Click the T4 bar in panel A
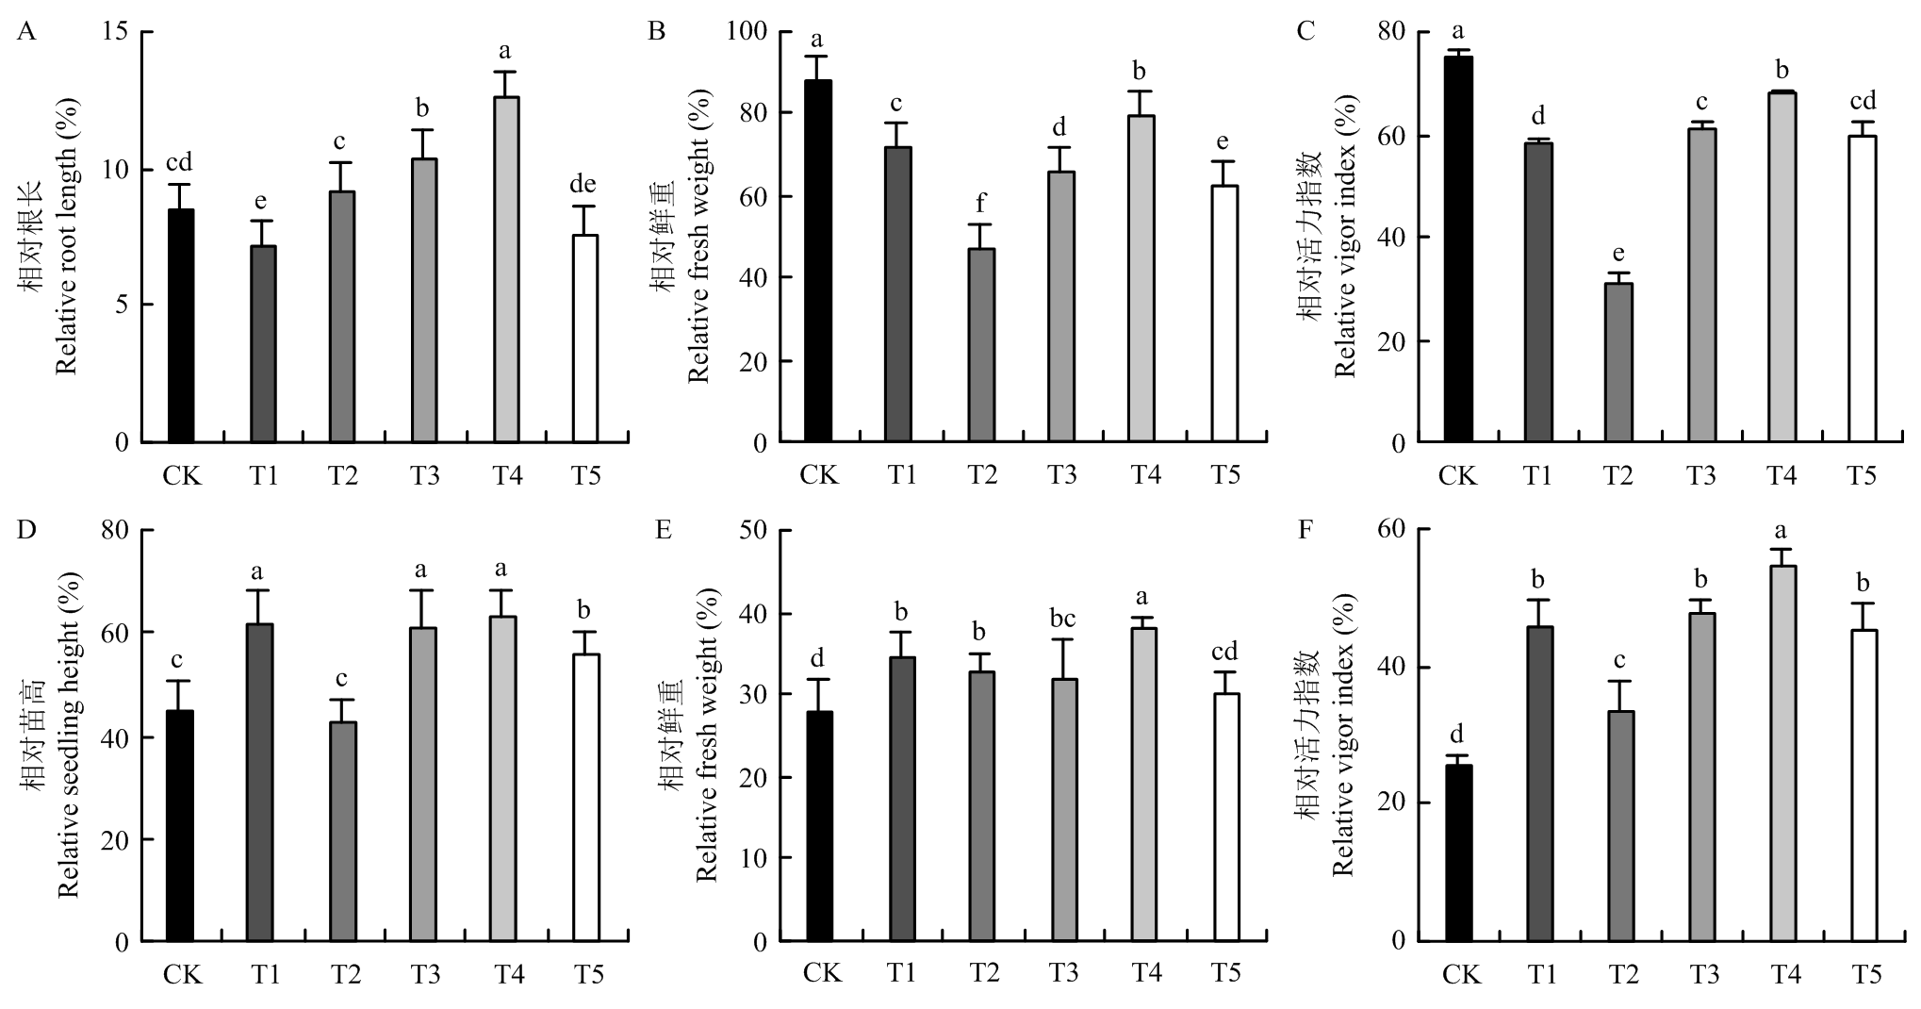[506, 269]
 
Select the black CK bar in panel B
[818, 261]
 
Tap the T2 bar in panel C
[1618, 362]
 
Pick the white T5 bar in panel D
[586, 798]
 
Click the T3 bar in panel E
[1064, 810]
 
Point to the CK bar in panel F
[1458, 852]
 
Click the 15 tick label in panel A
[121, 33]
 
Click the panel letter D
[26, 529]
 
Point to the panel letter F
[1305, 529]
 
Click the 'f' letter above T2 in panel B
[982, 202]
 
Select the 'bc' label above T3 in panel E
[1062, 619]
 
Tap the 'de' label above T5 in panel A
[584, 184]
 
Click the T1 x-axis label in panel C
[1539, 474]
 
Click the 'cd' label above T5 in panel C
[1862, 101]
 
